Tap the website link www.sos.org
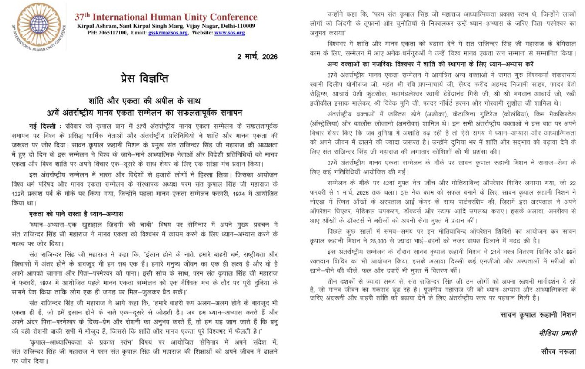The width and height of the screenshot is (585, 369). (x=229, y=33)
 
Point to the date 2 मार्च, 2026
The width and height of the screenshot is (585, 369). (x=257, y=57)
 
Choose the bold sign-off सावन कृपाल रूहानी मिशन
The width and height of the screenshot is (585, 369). (x=537, y=314)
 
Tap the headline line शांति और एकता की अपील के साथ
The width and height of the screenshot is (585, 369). (x=144, y=101)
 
